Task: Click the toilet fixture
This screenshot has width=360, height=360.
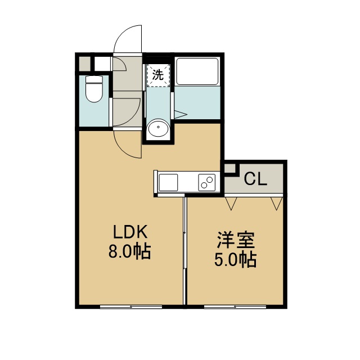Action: (x=94, y=89)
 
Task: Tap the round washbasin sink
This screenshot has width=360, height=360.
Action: (x=158, y=127)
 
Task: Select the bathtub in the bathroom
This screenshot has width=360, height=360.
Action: (x=197, y=71)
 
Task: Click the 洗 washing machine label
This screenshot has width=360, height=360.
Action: (x=158, y=75)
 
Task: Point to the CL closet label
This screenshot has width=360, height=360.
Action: (x=255, y=179)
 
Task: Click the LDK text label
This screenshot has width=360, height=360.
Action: (x=130, y=232)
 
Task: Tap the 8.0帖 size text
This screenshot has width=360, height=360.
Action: (x=129, y=251)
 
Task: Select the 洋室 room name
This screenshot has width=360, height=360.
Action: (x=236, y=240)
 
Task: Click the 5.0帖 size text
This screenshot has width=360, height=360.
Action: (x=235, y=260)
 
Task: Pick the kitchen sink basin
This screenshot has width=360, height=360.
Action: (x=168, y=182)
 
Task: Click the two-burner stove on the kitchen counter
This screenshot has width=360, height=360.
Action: (x=207, y=182)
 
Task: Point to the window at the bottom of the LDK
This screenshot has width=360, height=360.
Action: (x=131, y=307)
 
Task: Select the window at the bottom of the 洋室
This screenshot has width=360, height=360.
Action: (x=235, y=307)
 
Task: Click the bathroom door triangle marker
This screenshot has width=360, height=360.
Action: (x=181, y=114)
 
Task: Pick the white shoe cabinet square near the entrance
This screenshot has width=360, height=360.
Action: (x=102, y=64)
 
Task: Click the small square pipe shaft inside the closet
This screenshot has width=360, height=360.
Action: (x=230, y=168)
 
